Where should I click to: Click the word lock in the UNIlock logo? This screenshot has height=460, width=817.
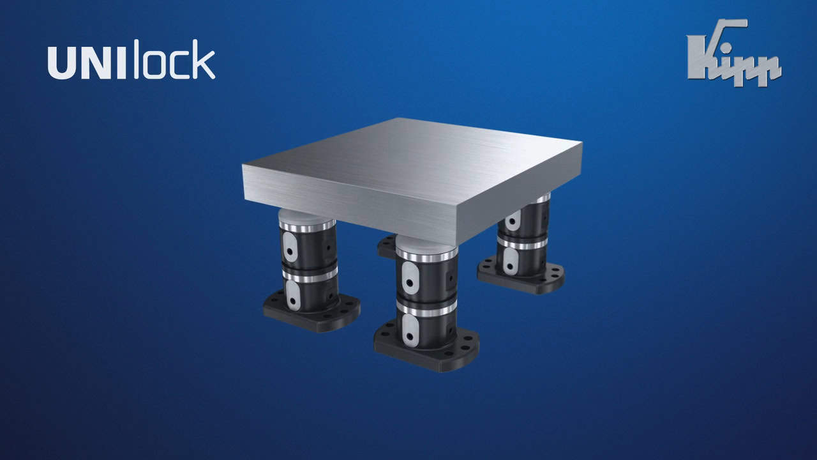coord(175,59)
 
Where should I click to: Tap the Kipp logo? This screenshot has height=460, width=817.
coord(734,53)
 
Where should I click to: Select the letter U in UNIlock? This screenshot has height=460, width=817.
coord(61,63)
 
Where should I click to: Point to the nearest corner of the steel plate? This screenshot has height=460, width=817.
coord(456,243)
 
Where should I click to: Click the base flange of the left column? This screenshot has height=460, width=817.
coord(312,311)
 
